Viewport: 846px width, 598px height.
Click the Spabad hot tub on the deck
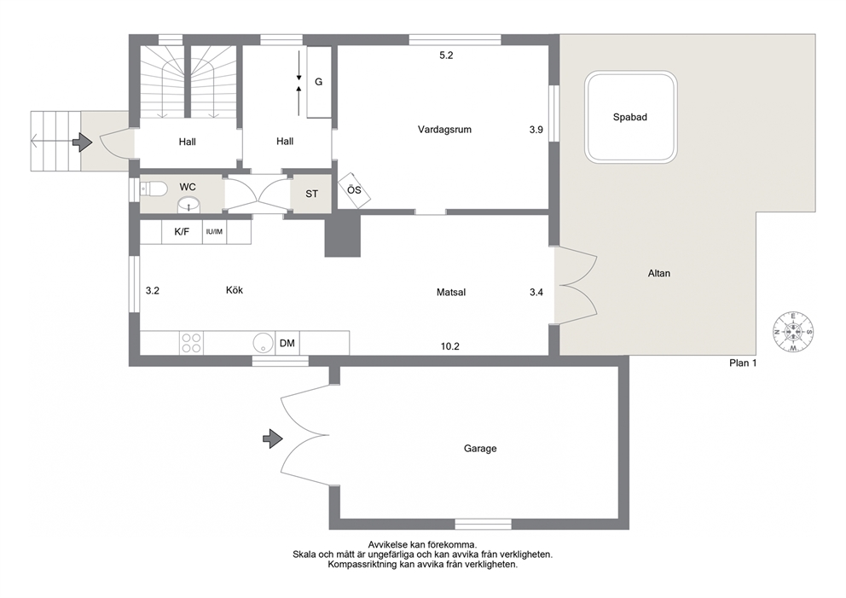(x=631, y=117)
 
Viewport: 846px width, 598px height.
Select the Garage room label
(x=480, y=449)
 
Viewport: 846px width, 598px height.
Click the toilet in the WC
(x=154, y=189)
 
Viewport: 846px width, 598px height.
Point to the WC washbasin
(x=188, y=205)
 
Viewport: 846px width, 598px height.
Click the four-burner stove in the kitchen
(x=191, y=343)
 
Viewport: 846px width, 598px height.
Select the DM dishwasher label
(x=287, y=343)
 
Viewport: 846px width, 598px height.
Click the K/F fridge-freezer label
(x=182, y=232)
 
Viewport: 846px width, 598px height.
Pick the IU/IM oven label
(x=214, y=232)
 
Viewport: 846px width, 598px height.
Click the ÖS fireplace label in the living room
(x=354, y=190)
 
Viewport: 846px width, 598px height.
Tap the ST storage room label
(x=312, y=194)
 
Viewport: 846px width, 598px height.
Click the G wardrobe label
(x=319, y=82)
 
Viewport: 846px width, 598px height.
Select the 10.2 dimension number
(x=450, y=346)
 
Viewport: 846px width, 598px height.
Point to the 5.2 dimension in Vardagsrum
(x=446, y=55)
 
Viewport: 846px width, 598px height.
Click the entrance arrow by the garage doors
(x=272, y=438)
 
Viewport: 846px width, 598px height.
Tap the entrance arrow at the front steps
(x=83, y=142)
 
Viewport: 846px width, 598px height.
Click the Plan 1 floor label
(x=743, y=363)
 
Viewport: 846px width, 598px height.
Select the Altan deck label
(x=658, y=274)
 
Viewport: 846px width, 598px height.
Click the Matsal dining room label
(x=451, y=293)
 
